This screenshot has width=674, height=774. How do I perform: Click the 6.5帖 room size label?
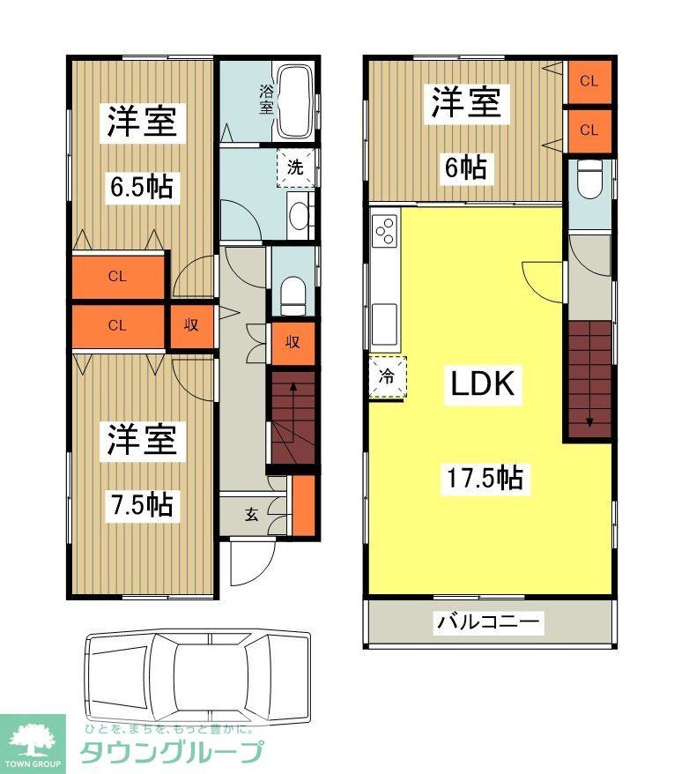coord(141,187)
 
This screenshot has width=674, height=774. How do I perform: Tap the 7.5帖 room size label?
coord(141,504)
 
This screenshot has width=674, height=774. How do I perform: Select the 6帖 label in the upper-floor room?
coord(464,167)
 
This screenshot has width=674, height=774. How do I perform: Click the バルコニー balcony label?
coord(489,622)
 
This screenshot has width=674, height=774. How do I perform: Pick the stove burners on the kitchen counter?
coord(385,234)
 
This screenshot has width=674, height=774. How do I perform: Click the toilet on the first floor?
coord(293,294)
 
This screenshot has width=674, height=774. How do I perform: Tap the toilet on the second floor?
coord(588,182)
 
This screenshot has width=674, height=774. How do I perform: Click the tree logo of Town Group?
coord(33,739)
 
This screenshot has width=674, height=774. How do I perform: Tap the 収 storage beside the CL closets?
coord(190,324)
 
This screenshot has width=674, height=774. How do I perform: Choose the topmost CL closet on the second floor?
coord(589,81)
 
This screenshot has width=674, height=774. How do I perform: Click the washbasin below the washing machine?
coord(300,214)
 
